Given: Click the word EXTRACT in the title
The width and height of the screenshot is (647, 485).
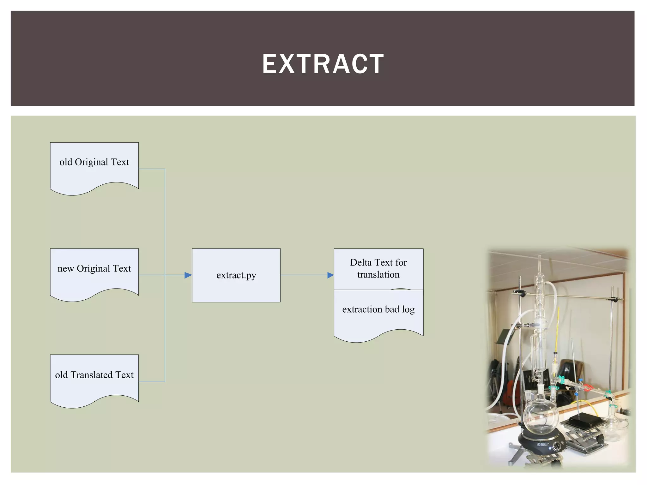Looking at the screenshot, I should (323, 64).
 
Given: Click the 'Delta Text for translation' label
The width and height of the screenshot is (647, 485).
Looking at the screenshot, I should (378, 268).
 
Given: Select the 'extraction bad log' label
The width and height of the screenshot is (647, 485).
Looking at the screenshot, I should (378, 309).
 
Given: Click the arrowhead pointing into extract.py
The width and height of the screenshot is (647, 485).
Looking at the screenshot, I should (188, 275).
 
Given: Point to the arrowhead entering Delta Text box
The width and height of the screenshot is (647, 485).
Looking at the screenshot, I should (330, 275).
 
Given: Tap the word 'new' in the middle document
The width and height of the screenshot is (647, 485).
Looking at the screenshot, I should (65, 268).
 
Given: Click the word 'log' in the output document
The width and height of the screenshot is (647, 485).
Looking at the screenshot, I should (408, 310).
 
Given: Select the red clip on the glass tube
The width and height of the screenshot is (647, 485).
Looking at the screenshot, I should (587, 388).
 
